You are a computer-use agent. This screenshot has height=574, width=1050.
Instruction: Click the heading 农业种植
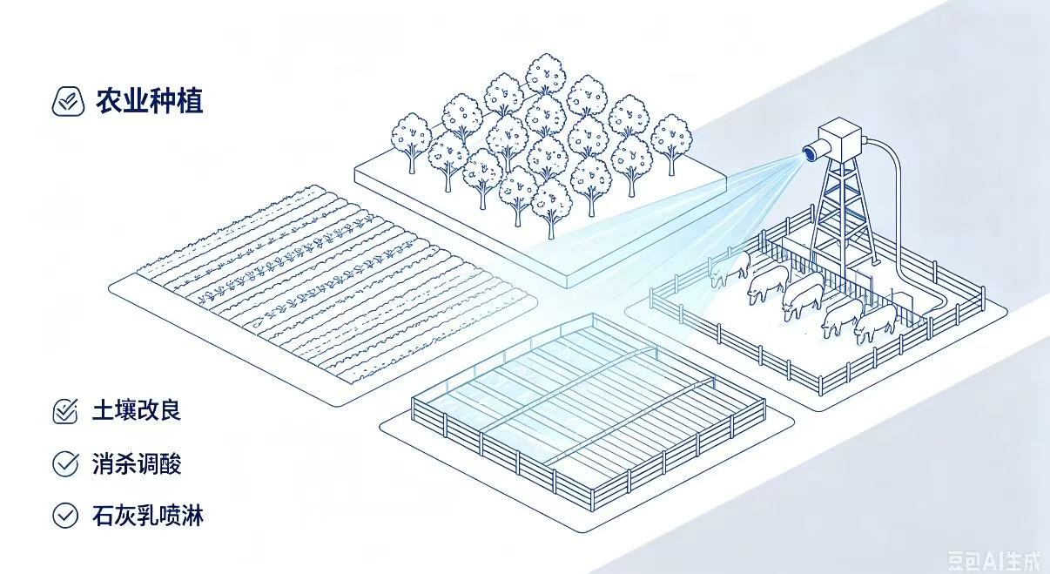click(x=150, y=101)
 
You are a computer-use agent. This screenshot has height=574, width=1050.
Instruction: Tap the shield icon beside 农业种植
click(x=68, y=101)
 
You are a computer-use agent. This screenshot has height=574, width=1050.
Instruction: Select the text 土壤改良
click(x=137, y=410)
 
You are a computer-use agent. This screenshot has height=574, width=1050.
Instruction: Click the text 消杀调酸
click(x=137, y=463)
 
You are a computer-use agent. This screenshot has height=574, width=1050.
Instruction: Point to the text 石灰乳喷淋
click(x=148, y=516)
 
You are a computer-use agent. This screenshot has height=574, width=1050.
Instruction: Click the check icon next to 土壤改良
click(x=65, y=411)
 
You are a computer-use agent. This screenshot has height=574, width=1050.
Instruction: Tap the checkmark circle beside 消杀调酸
click(x=65, y=463)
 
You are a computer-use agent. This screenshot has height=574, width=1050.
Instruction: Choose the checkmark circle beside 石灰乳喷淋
click(x=65, y=516)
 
